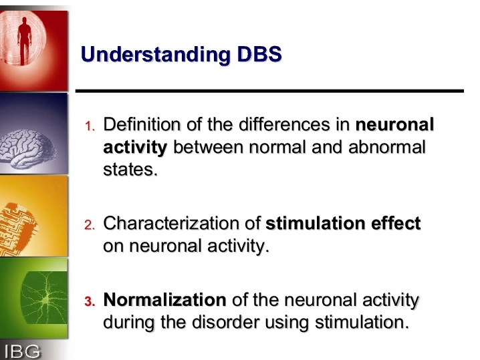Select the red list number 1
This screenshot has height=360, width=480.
90,126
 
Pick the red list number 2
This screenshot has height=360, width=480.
90,225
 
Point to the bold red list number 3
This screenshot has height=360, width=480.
90,301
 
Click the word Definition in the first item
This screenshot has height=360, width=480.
142,124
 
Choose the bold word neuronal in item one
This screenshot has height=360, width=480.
394,124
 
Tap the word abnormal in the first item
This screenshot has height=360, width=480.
387,147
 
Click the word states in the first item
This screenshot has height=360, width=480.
130,170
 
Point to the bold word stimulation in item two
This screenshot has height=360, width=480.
316,223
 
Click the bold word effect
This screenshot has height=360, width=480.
396,223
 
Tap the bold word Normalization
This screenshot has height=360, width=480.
164,300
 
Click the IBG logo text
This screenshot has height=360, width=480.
22,351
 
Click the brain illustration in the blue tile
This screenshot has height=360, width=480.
27,148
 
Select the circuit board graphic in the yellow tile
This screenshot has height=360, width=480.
18,228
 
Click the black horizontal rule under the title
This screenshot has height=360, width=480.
269,91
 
